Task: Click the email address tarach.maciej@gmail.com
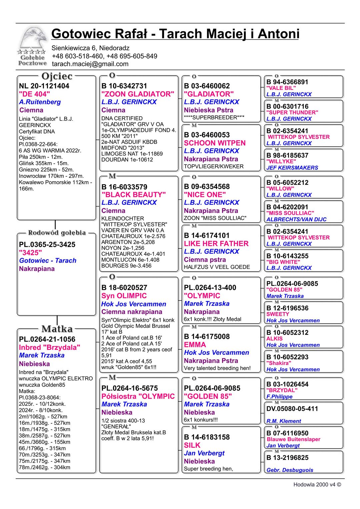[x=90, y=64]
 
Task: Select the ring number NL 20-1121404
[x=44, y=86]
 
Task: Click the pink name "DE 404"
[x=34, y=94]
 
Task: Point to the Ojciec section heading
[x=57, y=76]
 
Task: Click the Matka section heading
[x=57, y=329]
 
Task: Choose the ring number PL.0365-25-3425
[x=47, y=245]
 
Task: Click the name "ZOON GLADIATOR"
[x=138, y=94]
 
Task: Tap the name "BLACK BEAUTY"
[x=133, y=195]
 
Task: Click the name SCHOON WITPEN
[x=215, y=143]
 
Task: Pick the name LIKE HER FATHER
[x=216, y=244]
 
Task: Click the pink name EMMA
[x=195, y=344]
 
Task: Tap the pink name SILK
[x=192, y=445]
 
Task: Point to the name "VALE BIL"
[x=281, y=88]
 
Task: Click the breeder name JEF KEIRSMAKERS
[x=292, y=168]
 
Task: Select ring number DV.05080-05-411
[x=292, y=409]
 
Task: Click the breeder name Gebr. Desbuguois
[x=290, y=470]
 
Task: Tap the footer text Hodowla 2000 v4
[x=317, y=485]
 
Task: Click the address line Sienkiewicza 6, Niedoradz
[x=90, y=48]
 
